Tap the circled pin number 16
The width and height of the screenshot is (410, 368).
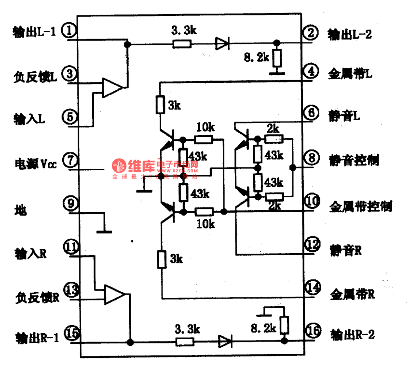[313, 331]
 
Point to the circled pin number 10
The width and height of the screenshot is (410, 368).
[313, 201]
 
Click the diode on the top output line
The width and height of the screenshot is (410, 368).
[222, 44]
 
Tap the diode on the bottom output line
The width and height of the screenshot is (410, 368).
[225, 342]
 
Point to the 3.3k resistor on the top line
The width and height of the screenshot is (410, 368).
[182, 44]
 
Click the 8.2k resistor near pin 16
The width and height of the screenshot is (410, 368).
[284, 326]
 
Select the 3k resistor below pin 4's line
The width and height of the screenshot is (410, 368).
[160, 104]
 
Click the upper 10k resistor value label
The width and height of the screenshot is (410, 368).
[205, 127]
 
